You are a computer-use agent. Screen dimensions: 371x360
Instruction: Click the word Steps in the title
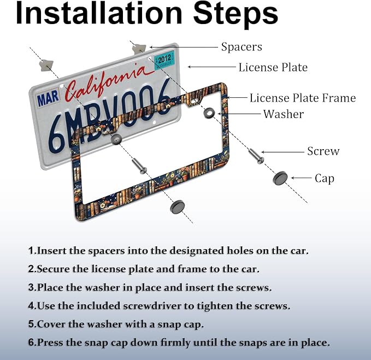(x=235, y=14)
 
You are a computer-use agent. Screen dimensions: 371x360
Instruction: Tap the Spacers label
(x=242, y=46)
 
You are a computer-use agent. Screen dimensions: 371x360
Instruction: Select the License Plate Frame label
(x=303, y=98)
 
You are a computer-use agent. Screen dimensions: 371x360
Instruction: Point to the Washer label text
(x=284, y=114)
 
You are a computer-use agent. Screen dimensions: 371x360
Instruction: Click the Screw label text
(x=323, y=151)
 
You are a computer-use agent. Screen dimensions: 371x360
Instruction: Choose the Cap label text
(x=325, y=179)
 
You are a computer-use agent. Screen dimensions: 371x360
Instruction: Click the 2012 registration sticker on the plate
(x=164, y=60)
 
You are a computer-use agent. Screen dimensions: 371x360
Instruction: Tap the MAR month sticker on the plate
(x=48, y=98)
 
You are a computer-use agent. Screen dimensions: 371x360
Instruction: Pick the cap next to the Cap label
(x=280, y=178)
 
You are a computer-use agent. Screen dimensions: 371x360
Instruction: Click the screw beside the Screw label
(x=256, y=156)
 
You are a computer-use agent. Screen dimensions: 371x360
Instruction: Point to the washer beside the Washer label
(x=209, y=113)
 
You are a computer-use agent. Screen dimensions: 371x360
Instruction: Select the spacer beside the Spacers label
(x=139, y=49)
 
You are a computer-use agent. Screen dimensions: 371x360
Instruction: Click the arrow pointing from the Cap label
(x=301, y=178)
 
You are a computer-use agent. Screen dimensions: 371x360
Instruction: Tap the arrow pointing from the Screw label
(x=282, y=152)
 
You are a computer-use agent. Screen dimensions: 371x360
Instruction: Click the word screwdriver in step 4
(x=153, y=306)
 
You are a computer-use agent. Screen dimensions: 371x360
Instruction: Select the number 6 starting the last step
(x=31, y=343)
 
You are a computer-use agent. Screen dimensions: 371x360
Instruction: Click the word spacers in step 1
(x=106, y=251)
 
